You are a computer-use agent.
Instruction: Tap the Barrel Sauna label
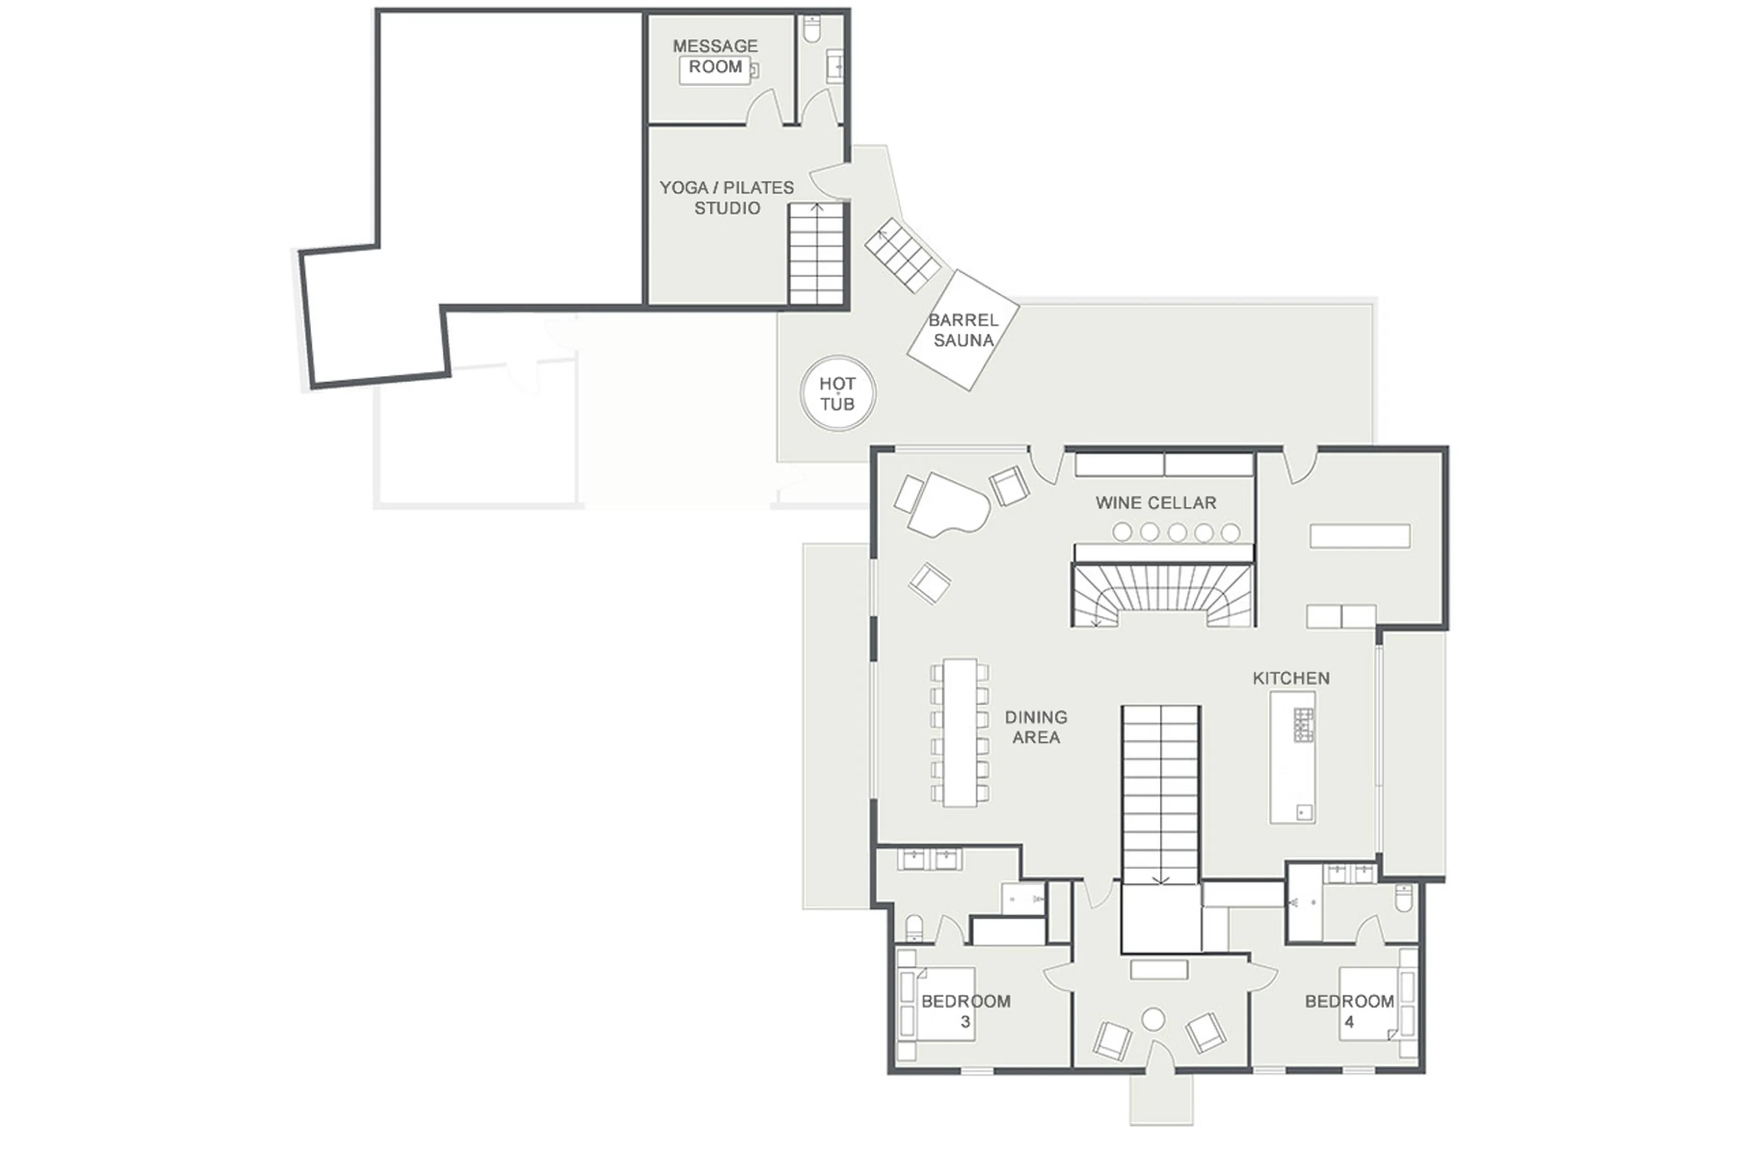tap(962, 330)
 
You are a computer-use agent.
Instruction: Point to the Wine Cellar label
tap(1156, 503)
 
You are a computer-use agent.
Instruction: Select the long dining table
tap(960, 732)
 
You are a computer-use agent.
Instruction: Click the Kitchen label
tap(1291, 678)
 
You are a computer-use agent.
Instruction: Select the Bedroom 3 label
tap(966, 1011)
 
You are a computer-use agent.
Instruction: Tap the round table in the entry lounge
tap(1152, 1019)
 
